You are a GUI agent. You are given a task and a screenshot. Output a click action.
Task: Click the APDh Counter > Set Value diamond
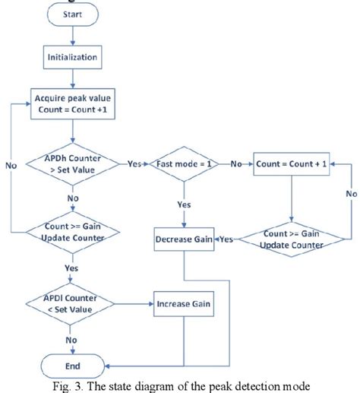(72, 163)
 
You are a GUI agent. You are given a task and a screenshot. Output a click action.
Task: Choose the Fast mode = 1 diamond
(185, 163)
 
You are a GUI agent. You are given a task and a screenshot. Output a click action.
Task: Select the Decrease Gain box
(185, 239)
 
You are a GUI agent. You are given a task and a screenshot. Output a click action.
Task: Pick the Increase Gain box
(185, 304)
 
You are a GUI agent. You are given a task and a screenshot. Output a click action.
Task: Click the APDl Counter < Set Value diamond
(72, 304)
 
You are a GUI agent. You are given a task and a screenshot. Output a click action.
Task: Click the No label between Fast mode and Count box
(236, 163)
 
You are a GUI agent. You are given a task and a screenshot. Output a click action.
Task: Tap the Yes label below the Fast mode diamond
(185, 204)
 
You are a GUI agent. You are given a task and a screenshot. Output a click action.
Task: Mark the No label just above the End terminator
(72, 341)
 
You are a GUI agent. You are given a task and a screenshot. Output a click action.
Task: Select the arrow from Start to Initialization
(72, 35)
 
